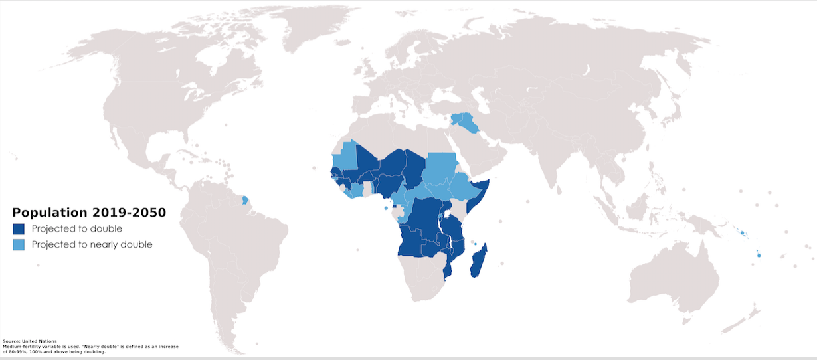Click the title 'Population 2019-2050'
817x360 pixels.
coord(89,213)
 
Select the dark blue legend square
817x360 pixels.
coord(19,228)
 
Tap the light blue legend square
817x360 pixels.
coord(19,244)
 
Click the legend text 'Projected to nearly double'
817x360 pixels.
coord(92,244)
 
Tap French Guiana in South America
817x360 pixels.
coord(246,199)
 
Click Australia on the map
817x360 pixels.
coord(671,272)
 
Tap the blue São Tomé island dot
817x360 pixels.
coord(386,208)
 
